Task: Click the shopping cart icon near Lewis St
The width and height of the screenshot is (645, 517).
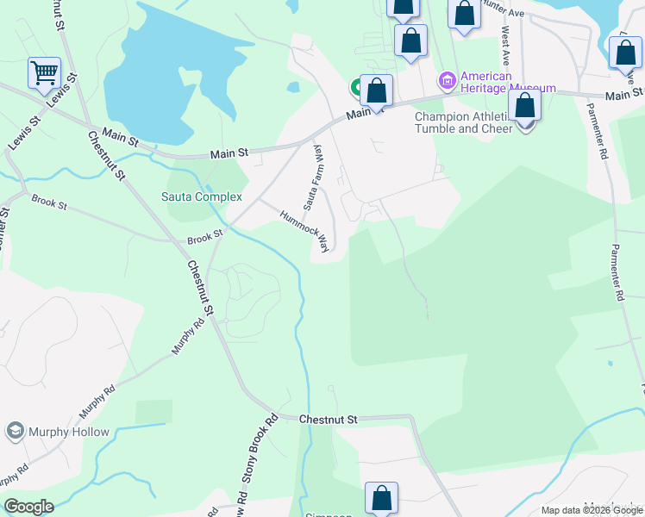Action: pyautogui.click(x=44, y=72)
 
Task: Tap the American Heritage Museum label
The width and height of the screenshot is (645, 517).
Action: pyautogui.click(x=508, y=82)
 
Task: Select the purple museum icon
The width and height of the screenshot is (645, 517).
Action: pyautogui.click(x=447, y=82)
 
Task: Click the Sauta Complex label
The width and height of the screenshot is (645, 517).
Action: pyautogui.click(x=202, y=196)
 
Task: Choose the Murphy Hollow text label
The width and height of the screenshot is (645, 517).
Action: pyautogui.click(x=70, y=433)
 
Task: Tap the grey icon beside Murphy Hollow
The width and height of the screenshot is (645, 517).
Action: pyautogui.click(x=15, y=431)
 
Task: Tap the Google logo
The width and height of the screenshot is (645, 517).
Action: pyautogui.click(x=28, y=507)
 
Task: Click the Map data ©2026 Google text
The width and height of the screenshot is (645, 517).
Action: pyautogui.click(x=592, y=510)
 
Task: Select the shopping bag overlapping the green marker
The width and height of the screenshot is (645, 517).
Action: pyautogui.click(x=377, y=90)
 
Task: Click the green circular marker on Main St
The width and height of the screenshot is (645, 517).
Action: pyautogui.click(x=357, y=87)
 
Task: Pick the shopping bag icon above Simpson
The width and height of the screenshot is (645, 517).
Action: pyautogui.click(x=381, y=498)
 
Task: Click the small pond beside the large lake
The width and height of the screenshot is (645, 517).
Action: pyautogui.click(x=293, y=87)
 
